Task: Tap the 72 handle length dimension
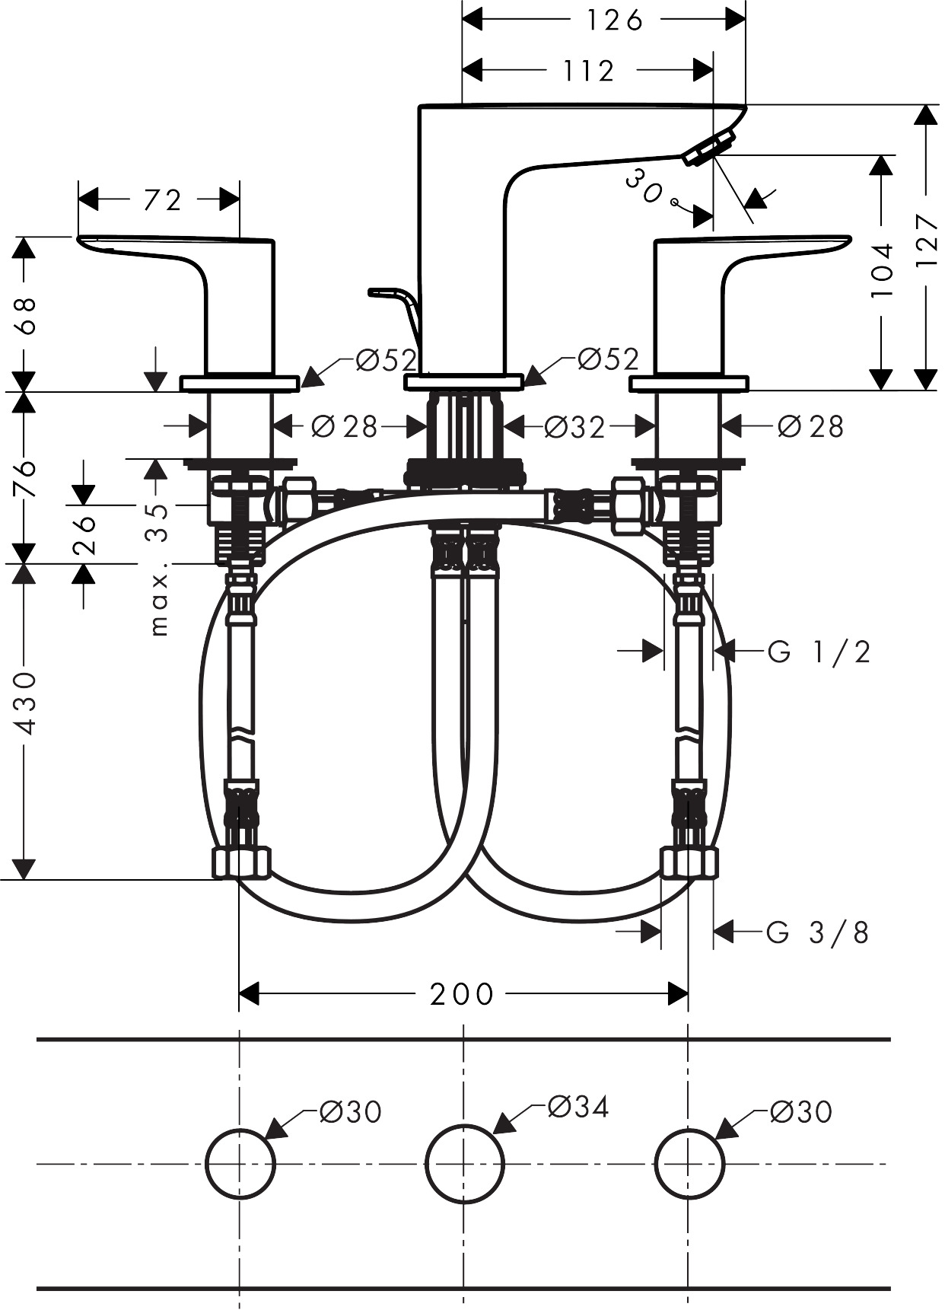tap(162, 200)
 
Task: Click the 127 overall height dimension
tap(926, 240)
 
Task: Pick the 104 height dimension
tap(881, 270)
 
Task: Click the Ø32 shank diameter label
tap(574, 428)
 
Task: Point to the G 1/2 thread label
tap(819, 652)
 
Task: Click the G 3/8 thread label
tap(817, 932)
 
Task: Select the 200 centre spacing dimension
tap(462, 994)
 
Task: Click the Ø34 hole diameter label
tap(578, 1107)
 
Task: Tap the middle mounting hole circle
tap(465, 1164)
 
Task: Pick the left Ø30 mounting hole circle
tap(240, 1164)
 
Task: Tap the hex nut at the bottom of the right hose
tap(689, 863)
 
